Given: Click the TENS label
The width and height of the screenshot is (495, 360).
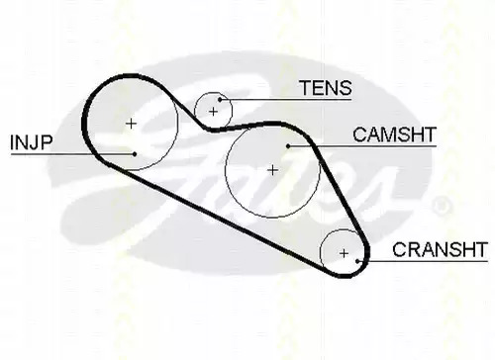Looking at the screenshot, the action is click(326, 88).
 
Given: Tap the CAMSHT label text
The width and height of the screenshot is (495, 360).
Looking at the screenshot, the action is click(394, 135).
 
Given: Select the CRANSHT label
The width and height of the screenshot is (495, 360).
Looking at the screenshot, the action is click(440, 249).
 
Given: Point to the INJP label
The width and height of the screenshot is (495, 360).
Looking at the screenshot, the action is click(32, 142).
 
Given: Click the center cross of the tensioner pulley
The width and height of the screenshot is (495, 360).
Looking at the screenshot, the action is click(214, 112).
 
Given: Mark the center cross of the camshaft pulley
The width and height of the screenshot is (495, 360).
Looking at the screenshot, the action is click(272, 170).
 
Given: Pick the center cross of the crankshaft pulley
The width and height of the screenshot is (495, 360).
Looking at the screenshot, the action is click(344, 253).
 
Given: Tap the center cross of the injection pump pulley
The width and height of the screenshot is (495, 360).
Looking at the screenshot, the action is click(132, 124).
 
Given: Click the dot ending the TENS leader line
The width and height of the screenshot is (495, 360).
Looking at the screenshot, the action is click(220, 99).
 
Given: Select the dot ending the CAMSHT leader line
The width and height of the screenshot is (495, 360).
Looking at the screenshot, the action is click(288, 146).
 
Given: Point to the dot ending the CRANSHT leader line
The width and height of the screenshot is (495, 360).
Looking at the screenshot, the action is click(357, 261).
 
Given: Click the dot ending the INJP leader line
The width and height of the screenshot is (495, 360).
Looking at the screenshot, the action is click(135, 153).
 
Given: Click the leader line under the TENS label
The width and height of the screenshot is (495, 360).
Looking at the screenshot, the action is click(286, 99).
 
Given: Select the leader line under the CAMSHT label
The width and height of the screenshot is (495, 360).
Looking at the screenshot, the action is click(362, 146).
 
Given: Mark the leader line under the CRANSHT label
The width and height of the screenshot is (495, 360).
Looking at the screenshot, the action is click(423, 261).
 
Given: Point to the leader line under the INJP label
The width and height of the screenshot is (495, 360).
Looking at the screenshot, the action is click(72, 153).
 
